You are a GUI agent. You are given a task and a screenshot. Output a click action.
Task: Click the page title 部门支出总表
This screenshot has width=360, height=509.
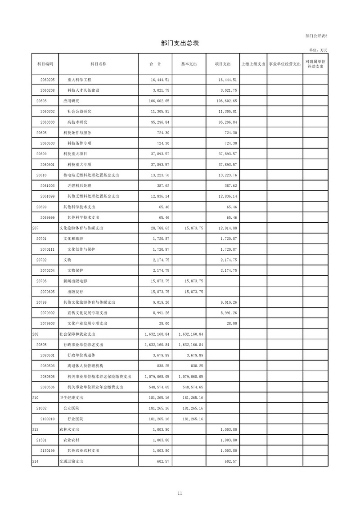[180, 43]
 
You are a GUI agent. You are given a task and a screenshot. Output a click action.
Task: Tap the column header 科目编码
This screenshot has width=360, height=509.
[45, 64]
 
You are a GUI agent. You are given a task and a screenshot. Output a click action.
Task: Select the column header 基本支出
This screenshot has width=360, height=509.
[189, 64]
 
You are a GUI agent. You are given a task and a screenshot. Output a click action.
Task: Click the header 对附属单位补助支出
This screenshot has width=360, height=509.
[315, 64]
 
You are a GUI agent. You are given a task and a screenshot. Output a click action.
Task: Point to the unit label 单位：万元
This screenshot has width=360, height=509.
[318, 50]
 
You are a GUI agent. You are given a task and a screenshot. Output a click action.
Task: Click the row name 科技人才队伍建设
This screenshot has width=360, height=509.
[83, 90]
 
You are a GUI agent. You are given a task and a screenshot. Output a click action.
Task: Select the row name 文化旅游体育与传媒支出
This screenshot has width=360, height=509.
[81, 228]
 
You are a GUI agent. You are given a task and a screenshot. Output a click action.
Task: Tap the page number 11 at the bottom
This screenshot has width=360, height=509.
[180, 494]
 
